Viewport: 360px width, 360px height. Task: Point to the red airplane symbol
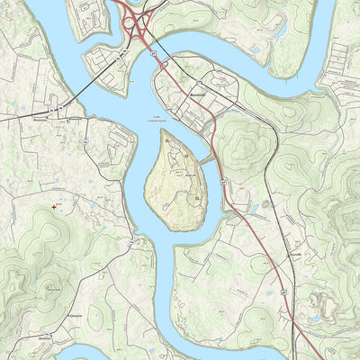click(x=58, y=205)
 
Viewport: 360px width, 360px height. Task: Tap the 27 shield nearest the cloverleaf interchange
click(x=154, y=55)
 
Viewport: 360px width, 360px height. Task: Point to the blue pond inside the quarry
click(x=316, y=318)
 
